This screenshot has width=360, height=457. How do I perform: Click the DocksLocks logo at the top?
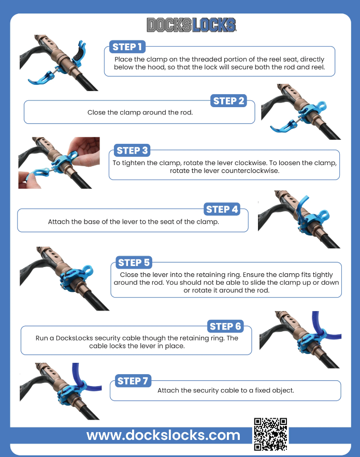point(191,25)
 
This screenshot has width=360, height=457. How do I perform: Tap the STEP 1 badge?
point(127,47)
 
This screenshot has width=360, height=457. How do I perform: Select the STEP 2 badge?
point(228,101)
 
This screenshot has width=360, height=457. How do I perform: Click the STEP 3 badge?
point(132,151)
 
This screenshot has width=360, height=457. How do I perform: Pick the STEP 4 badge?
point(222,209)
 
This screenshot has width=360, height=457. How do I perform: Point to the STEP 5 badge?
point(134,262)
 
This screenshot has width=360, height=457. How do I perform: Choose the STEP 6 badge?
point(225,327)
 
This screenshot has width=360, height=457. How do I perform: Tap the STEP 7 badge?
point(133,381)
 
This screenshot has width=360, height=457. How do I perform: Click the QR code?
point(270,434)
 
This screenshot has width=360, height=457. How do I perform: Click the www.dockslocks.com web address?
point(163,435)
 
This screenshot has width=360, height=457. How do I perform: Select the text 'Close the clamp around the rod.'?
point(140,112)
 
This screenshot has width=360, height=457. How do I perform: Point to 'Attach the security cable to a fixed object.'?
point(226,390)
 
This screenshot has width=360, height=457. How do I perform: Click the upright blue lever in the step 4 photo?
point(301,209)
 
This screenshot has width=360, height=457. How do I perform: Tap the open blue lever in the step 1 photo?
point(43,78)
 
